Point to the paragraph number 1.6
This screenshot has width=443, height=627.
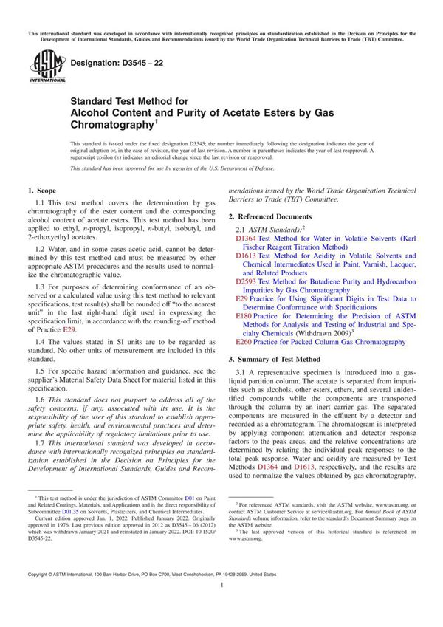click(x=42, y=399)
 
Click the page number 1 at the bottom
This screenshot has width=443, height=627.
click(x=221, y=606)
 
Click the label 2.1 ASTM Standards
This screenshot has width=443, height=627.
click(x=266, y=230)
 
